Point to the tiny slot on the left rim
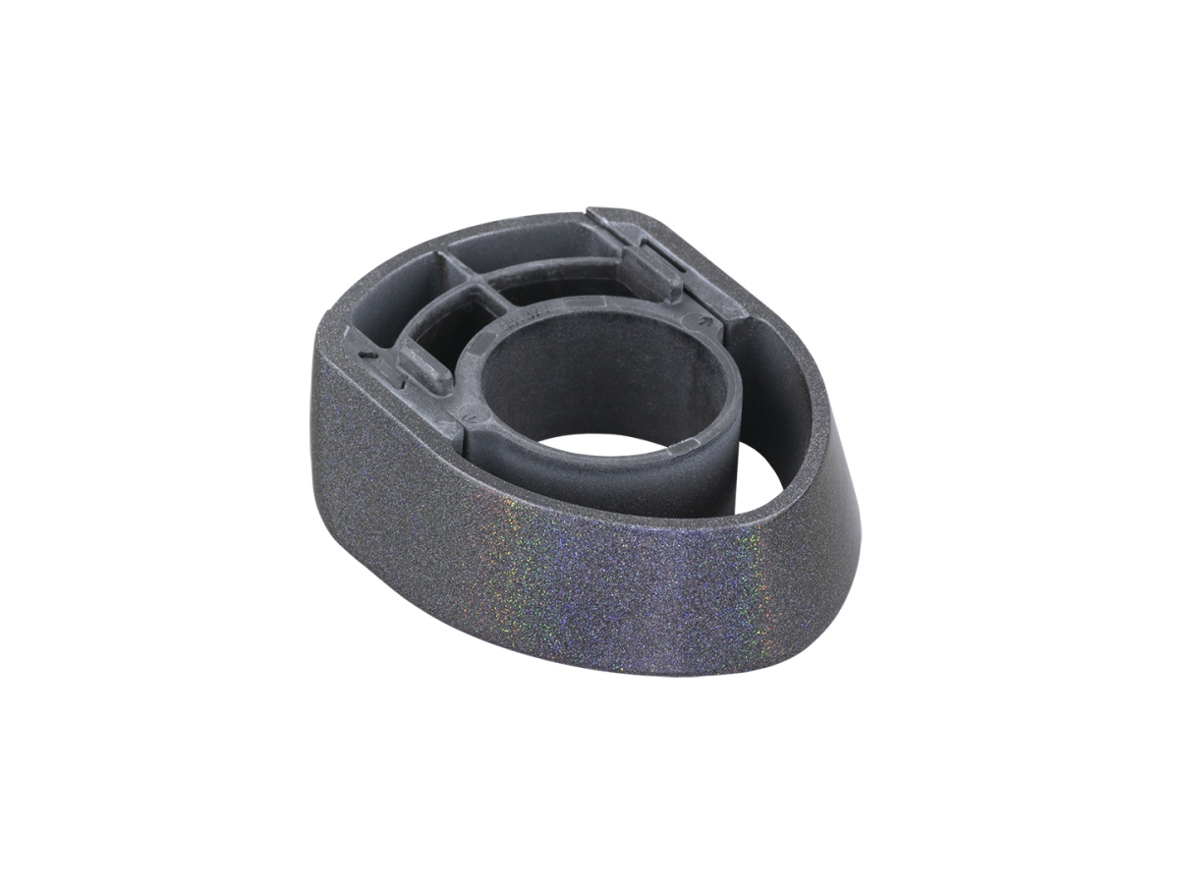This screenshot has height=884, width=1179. pos(366,351)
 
